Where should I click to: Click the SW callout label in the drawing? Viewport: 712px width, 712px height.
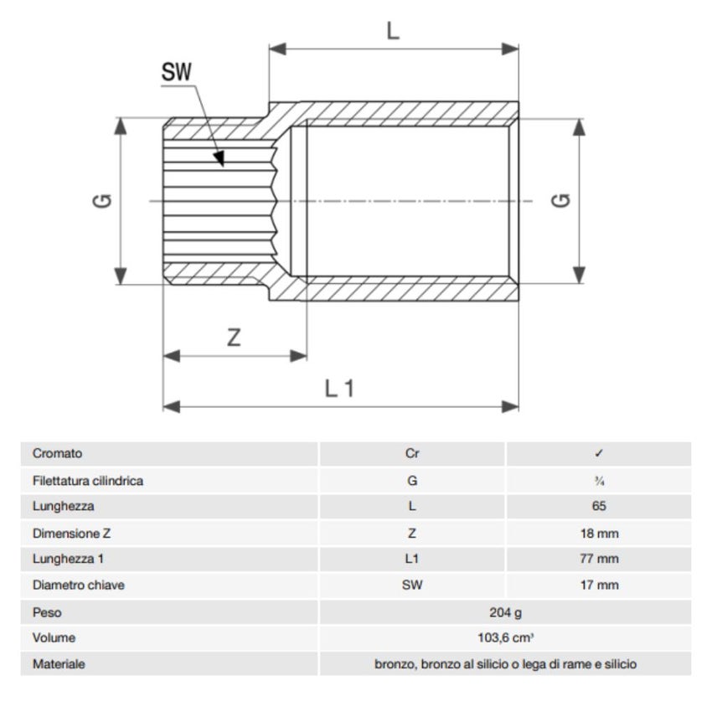tap(177, 73)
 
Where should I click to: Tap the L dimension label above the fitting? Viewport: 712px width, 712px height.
tap(393, 31)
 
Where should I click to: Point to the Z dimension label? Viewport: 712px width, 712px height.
tap(235, 338)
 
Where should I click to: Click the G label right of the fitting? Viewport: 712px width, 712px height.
tap(562, 201)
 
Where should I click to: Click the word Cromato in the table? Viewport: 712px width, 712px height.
tap(57, 454)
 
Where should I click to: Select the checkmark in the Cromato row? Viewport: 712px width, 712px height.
tap(598, 454)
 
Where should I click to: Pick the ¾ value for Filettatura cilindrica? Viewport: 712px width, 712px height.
tap(598, 481)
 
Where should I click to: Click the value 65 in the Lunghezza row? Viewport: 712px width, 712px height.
tap(598, 507)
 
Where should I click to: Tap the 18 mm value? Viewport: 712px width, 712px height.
tap(598, 533)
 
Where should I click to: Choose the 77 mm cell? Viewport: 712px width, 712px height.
tap(598, 559)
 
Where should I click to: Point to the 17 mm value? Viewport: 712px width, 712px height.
tap(598, 585)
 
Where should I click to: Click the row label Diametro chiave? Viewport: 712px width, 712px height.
tap(78, 585)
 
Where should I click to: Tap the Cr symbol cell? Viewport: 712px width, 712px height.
tap(411, 454)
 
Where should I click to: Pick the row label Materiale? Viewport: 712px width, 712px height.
tap(59, 664)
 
